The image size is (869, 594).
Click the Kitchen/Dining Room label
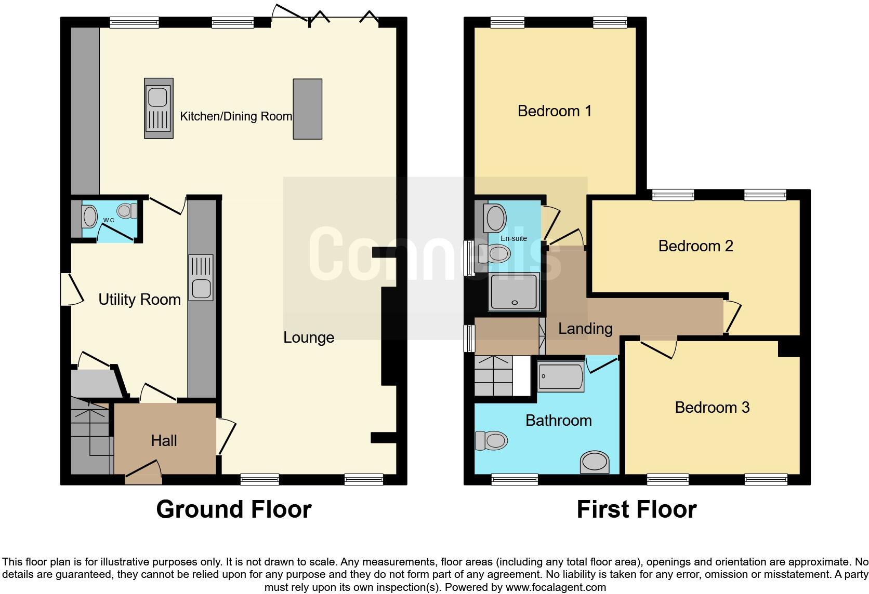[235, 116]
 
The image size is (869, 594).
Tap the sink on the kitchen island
[158, 109]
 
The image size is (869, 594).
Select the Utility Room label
[139, 300]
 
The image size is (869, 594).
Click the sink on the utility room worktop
[201, 278]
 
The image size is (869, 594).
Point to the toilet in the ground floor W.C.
[126, 211]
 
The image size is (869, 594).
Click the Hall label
[164, 441]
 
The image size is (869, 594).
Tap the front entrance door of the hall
[143, 470]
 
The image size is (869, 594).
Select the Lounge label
[308, 337]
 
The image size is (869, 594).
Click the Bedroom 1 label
[555, 111]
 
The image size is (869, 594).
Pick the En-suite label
[513, 238]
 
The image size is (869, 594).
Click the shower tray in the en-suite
[514, 292]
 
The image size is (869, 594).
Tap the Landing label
[585, 329]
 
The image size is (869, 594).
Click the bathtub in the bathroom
[561, 377]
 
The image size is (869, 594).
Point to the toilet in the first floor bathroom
[492, 441]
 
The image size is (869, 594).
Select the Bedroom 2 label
[695, 246]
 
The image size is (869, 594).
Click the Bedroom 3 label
[712, 408]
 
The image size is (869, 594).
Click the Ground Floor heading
[233, 509]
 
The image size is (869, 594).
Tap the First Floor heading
[636, 509]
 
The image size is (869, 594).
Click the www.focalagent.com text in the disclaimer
[556, 588]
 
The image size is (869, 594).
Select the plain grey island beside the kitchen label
[307, 109]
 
